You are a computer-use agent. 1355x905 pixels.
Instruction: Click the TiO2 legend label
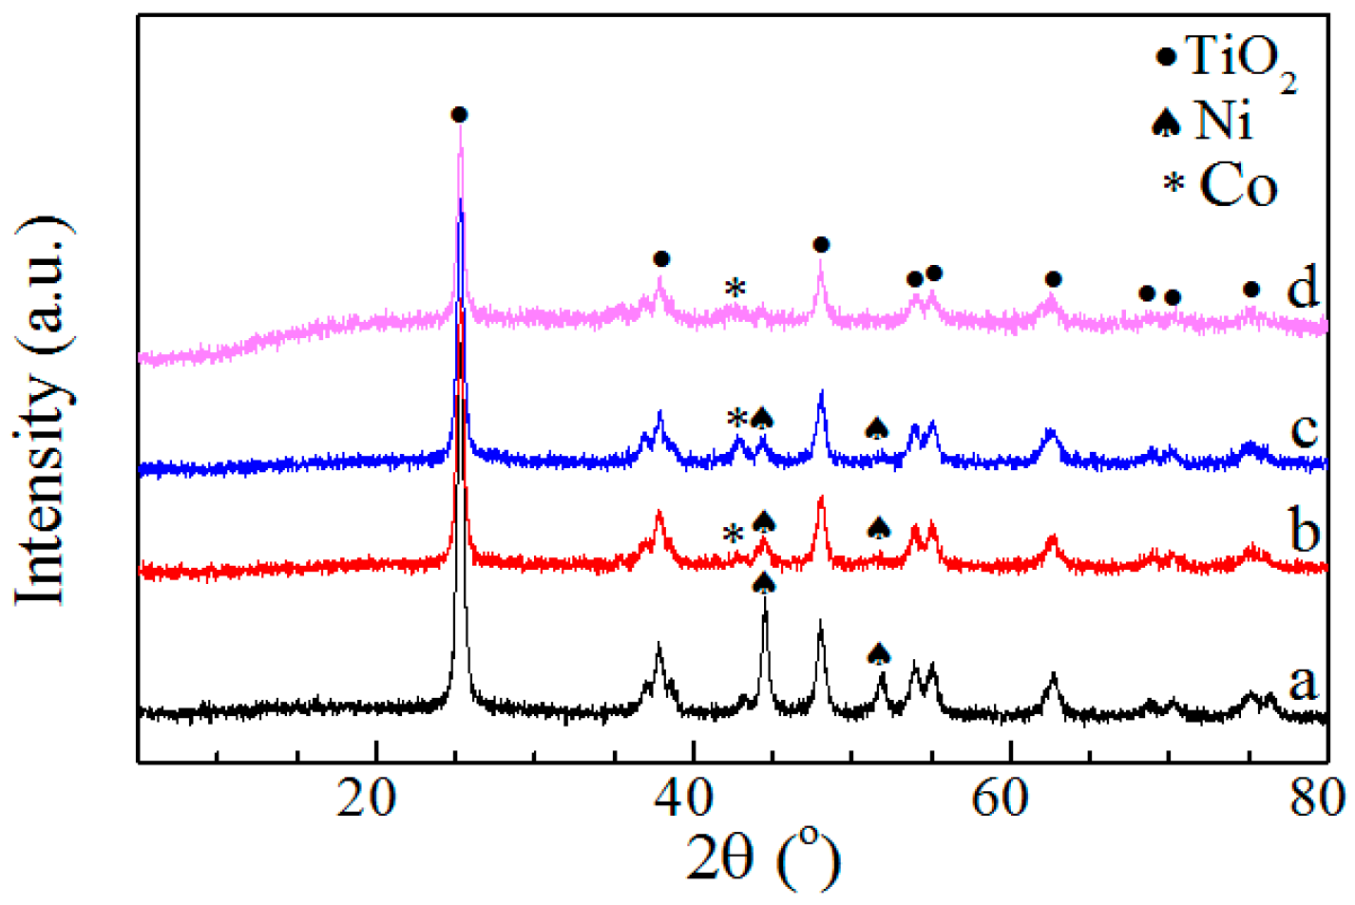tap(1240, 59)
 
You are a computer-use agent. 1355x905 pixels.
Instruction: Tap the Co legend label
tap(1238, 184)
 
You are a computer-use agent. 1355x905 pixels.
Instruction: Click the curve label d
tap(1303, 285)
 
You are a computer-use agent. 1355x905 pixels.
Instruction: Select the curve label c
tap(1305, 429)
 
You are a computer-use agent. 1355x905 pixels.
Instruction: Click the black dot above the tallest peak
tap(459, 115)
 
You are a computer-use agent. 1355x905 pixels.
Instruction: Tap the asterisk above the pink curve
tap(735, 288)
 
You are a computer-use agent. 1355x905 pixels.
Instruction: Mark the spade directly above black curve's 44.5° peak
tap(764, 582)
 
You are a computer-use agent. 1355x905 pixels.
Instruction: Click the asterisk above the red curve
tap(733, 534)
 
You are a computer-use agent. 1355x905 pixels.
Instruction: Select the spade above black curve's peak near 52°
tap(879, 652)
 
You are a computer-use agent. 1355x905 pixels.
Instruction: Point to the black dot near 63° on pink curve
tap(1053, 279)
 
